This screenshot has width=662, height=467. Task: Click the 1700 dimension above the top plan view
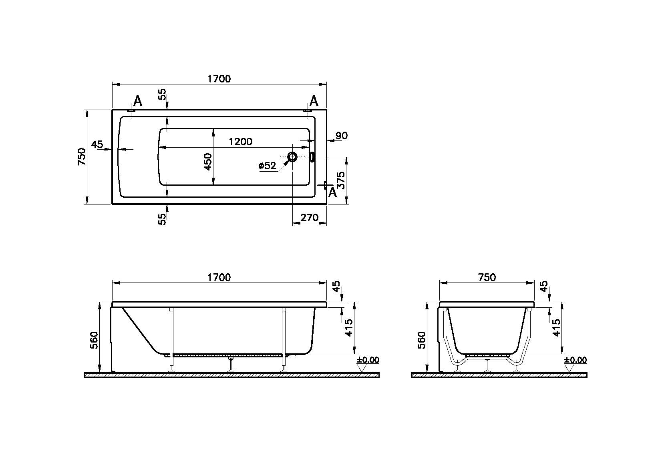(219, 79)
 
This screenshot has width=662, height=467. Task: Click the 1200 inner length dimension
(241, 142)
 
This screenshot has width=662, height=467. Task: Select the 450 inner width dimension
(208, 162)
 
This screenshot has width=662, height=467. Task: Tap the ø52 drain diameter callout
(267, 166)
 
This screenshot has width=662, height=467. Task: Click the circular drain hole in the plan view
(292, 157)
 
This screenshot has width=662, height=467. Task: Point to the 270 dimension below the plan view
(310, 217)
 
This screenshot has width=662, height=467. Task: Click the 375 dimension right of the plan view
(341, 180)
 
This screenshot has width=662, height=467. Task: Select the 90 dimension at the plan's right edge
(341, 136)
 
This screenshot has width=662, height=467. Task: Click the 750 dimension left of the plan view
(81, 157)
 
